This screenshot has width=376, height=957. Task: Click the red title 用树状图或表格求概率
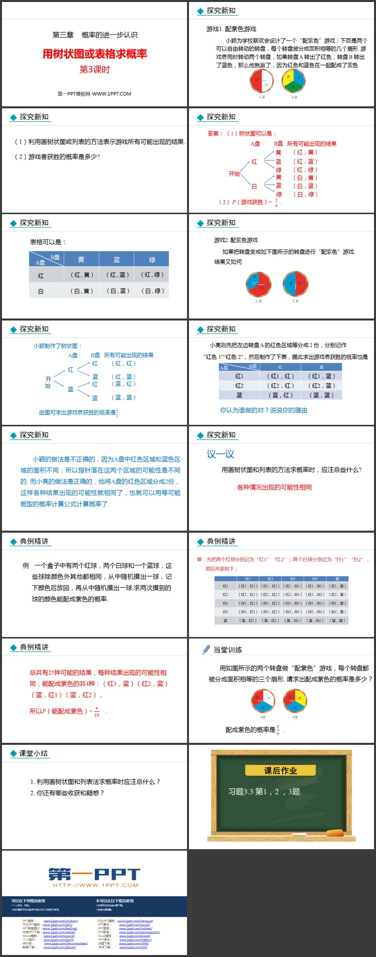pos(95,54)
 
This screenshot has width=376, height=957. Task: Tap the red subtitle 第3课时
pos(94,70)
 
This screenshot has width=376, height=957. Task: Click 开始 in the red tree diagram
pos(234,174)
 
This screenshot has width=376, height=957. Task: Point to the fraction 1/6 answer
pos(276,202)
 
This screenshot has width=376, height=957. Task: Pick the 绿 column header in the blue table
pos(152,259)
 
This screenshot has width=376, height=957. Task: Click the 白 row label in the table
pos(41,291)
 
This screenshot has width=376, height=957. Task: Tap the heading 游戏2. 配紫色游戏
pos(236,240)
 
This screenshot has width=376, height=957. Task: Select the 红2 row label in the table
pos(239,385)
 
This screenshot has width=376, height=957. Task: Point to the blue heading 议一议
pos(221,454)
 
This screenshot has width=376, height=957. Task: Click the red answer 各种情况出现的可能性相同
pos(274,487)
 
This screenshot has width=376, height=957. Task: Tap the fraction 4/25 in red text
pos(97,711)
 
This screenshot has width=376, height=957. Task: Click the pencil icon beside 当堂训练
pos(206,650)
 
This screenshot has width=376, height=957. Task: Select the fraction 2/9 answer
pos(278,730)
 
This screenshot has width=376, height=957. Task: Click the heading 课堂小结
pos(34,753)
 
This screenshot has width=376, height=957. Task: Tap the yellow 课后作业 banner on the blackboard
pos(281,770)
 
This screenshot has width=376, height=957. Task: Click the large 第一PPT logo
pos(94,874)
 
